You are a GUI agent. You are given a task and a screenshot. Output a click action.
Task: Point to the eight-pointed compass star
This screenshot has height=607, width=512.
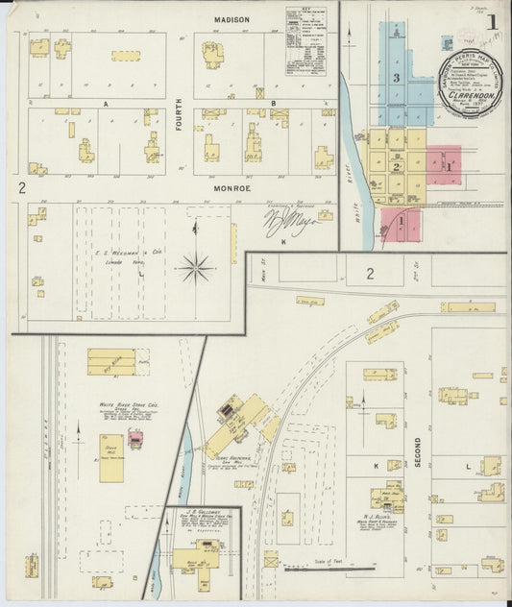click(x=194, y=266)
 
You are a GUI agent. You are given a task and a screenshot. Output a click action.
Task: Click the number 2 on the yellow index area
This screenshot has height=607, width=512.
click(x=396, y=166)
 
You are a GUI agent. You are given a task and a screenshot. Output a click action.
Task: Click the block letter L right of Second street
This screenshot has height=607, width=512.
click(x=467, y=466)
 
